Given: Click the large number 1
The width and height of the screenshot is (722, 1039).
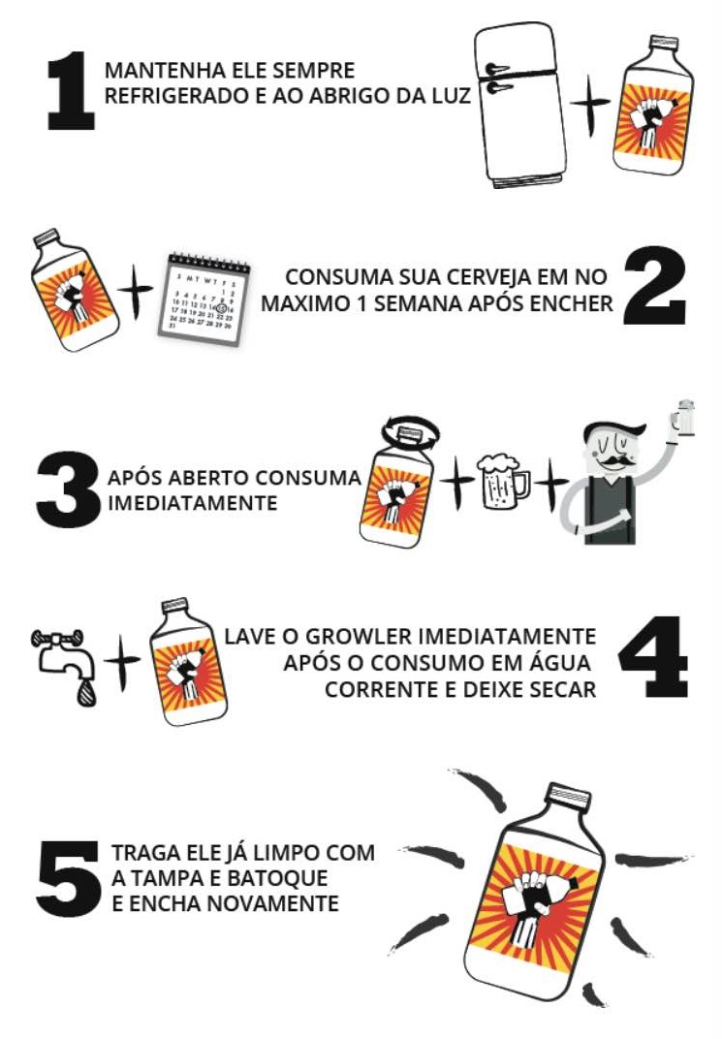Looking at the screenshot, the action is (x=72, y=90).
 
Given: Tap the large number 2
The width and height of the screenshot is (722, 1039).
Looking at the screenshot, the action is (x=655, y=285).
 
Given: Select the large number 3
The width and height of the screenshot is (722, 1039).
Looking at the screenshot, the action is (x=68, y=489).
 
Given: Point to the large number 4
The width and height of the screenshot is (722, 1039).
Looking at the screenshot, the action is (x=653, y=657).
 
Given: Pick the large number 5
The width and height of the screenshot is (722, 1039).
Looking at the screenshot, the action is (x=68, y=879).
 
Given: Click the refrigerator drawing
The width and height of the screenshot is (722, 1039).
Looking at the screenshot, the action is (x=522, y=105).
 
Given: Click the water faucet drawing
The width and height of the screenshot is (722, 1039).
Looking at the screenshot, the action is (x=61, y=656).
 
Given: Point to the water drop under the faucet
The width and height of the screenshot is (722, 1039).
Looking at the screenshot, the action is (x=84, y=694).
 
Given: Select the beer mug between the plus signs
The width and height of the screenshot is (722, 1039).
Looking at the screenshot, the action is (x=503, y=481).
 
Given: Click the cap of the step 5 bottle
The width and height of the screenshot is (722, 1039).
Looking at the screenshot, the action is (x=569, y=794).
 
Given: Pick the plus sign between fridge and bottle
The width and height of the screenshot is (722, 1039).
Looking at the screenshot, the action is (x=590, y=104).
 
